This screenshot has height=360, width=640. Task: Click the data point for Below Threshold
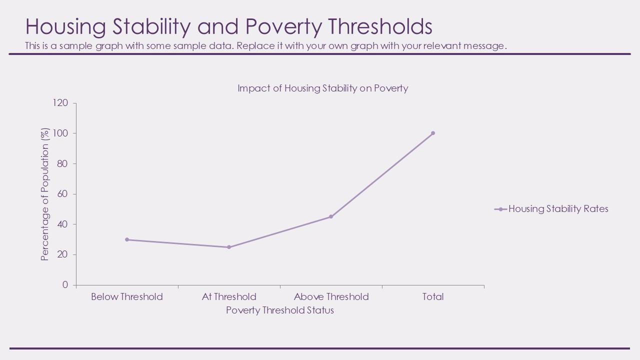[x=127, y=239]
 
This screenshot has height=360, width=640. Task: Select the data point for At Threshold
[x=229, y=247]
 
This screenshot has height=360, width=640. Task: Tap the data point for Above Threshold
[x=331, y=216]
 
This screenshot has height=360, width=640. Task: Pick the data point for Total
[x=433, y=133]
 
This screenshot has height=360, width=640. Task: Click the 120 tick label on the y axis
[x=60, y=103]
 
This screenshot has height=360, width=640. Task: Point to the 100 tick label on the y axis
[x=60, y=133]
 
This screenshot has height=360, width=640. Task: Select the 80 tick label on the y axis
[x=62, y=163]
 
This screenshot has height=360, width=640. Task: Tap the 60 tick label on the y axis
[x=62, y=194]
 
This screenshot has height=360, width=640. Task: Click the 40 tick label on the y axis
[x=62, y=224]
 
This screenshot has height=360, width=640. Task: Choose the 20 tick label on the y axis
[x=62, y=254]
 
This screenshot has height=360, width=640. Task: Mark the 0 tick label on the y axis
[x=65, y=285]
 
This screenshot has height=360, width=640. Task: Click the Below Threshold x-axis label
[x=127, y=297]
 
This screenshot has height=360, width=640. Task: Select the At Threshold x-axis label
[x=229, y=297]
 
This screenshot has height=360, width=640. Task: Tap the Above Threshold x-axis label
[x=331, y=297]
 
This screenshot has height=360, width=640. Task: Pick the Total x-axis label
[x=433, y=297]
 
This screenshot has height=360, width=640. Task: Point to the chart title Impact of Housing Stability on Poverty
[x=322, y=88]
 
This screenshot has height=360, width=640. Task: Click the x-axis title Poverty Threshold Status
[x=280, y=310]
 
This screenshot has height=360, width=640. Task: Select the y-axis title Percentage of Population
[x=45, y=194]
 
